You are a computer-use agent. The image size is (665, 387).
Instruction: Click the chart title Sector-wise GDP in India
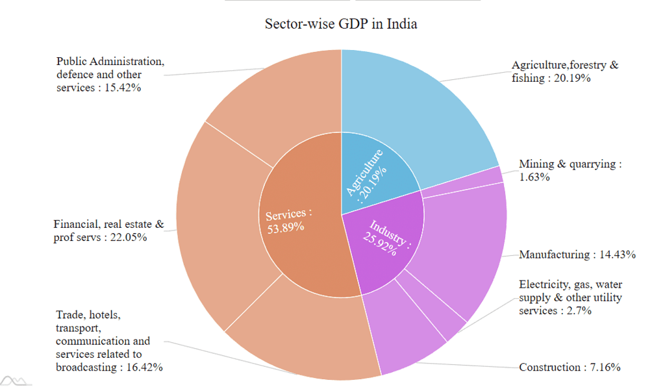point(341,25)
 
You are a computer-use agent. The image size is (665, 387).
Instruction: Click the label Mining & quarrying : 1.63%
point(570,170)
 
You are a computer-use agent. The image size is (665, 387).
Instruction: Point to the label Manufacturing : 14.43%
point(577,255)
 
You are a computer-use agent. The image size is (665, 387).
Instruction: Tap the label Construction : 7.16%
point(570,368)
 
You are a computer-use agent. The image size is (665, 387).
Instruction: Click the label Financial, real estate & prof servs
point(108,231)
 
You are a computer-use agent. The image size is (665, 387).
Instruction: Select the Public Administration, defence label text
point(110,75)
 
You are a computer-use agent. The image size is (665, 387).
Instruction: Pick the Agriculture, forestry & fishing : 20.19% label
point(564,71)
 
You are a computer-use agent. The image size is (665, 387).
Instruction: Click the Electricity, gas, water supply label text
point(570,297)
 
